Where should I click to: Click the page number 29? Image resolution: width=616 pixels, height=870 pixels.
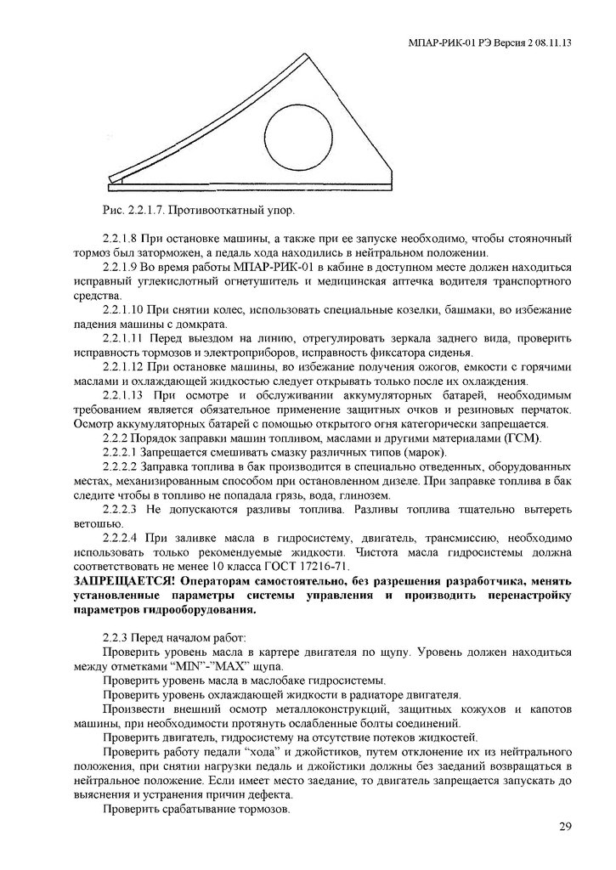point(565,828)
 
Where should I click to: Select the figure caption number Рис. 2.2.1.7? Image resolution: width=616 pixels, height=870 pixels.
point(125,207)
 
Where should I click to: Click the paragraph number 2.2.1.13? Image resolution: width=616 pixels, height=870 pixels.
point(123,395)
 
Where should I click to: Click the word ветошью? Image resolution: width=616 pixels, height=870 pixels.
point(94,523)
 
